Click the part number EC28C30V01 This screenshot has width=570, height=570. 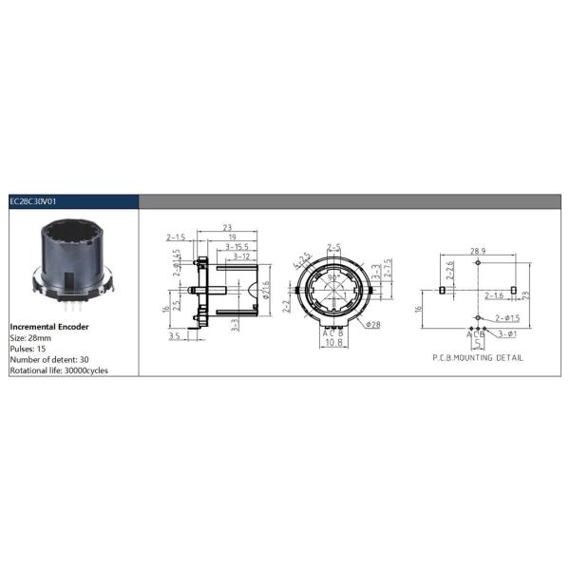coord(34,201)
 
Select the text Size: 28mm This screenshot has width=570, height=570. coord(30,336)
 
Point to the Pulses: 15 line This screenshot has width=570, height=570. coord(28,347)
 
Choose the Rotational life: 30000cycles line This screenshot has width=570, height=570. coord(58,370)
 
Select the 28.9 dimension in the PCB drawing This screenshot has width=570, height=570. coord(478,252)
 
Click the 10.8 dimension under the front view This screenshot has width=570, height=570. coord(332,342)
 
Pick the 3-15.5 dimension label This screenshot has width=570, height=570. coord(237,247)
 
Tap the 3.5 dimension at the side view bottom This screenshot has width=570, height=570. coord(174,335)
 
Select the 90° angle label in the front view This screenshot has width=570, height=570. coord(334,279)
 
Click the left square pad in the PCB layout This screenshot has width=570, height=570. coord(443,289)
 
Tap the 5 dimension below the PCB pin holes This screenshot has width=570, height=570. coord(478,344)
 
